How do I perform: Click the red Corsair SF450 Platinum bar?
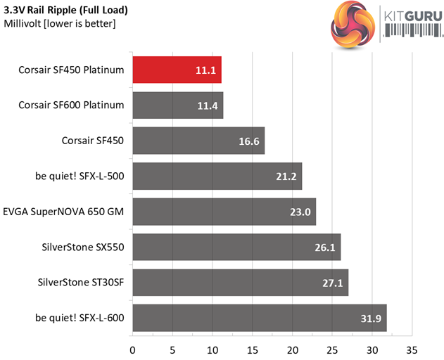(x=177, y=70)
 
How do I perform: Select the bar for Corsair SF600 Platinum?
(x=177, y=105)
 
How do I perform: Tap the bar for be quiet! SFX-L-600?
(x=259, y=318)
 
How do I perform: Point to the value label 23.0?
(x=299, y=212)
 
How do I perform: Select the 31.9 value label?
(x=370, y=319)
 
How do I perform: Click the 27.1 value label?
(x=331, y=283)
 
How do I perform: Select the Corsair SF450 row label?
(x=93, y=141)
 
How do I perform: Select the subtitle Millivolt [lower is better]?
(x=60, y=24)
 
